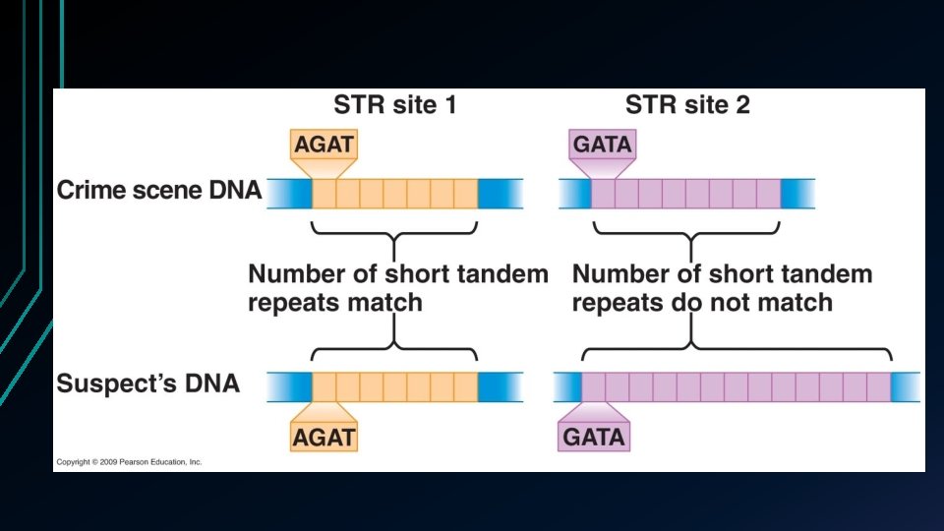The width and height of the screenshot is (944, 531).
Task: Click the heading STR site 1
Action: tap(393, 104)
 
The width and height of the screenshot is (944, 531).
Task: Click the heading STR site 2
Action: tap(687, 104)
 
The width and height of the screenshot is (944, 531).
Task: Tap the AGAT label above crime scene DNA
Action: tap(323, 147)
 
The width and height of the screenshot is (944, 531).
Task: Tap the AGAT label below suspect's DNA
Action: tap(323, 436)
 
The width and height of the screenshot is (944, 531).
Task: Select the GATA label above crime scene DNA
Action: tap(603, 147)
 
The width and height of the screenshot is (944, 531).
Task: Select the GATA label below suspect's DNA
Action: tap(594, 436)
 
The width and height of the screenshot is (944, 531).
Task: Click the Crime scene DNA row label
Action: tap(159, 191)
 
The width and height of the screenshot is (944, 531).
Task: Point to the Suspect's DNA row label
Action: tap(147, 383)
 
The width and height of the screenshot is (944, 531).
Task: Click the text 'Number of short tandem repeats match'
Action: tap(397, 287)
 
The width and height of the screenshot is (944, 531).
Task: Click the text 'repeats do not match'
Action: tap(701, 302)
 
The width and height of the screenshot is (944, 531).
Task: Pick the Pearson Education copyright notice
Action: tap(129, 461)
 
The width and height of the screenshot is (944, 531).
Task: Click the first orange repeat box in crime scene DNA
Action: tap(324, 192)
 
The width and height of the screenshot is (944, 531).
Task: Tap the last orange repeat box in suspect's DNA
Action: tap(465, 383)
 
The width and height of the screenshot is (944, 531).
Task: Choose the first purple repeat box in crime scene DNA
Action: tap(603, 192)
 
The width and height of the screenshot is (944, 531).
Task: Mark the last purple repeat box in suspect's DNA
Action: tap(878, 383)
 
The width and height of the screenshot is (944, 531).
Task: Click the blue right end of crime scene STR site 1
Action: tap(498, 192)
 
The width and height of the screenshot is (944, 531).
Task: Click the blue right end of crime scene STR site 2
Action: tap(797, 192)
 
